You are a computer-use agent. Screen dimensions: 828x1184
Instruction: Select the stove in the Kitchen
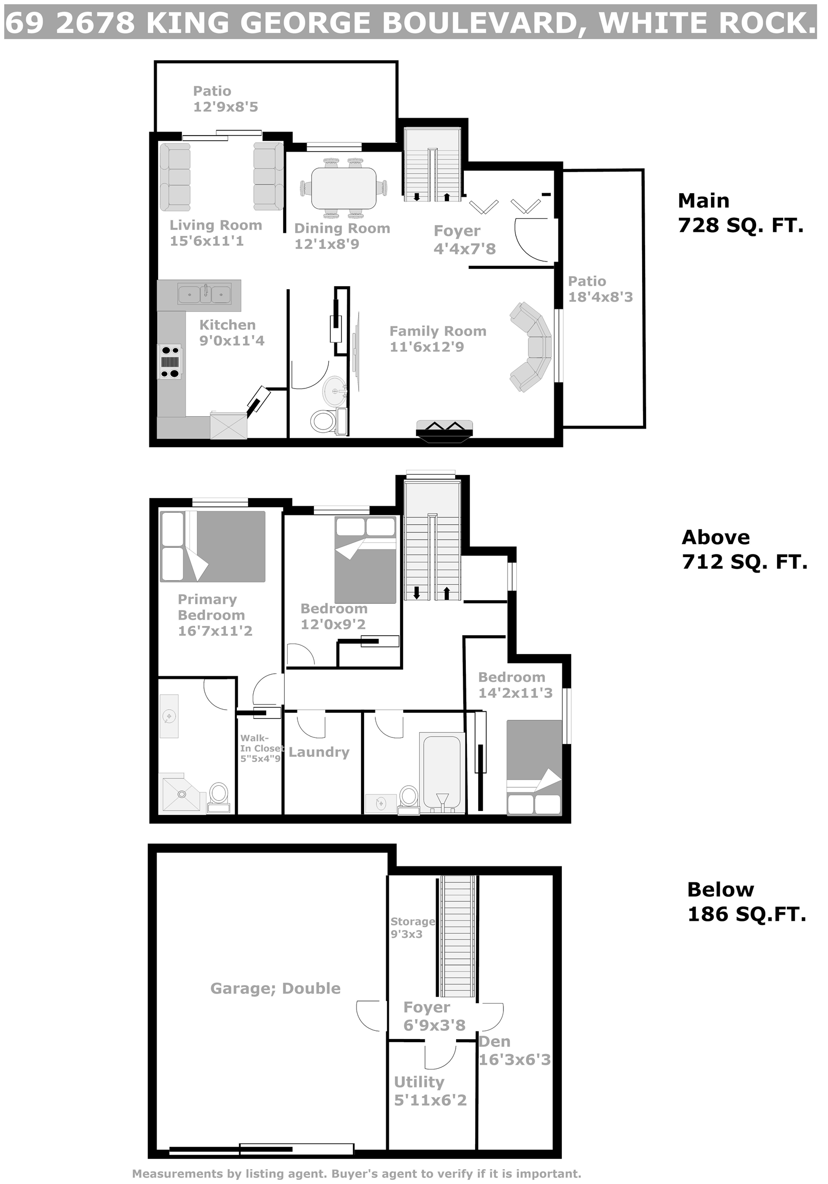tap(170, 361)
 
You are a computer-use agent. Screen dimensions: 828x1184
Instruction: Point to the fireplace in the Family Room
tap(444, 431)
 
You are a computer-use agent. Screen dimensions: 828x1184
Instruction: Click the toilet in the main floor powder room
tap(323, 421)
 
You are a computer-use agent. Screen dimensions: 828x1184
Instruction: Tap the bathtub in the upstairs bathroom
tap(442, 772)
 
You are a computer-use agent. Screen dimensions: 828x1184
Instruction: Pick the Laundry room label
tap(319, 752)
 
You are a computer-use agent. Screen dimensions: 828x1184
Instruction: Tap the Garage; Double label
tap(275, 988)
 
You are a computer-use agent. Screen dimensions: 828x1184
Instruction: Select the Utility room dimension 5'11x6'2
tap(430, 1100)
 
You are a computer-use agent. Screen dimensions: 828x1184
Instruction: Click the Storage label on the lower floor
tap(412, 921)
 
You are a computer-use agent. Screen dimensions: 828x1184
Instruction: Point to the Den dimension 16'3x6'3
tap(515, 1059)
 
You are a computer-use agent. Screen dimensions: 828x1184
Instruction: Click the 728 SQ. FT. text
tap(741, 226)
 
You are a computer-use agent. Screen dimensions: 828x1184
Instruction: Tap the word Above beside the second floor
tap(716, 538)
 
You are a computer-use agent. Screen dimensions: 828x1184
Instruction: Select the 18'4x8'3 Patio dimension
tap(600, 297)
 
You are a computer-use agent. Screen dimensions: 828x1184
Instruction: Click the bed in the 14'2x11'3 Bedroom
tap(534, 767)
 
